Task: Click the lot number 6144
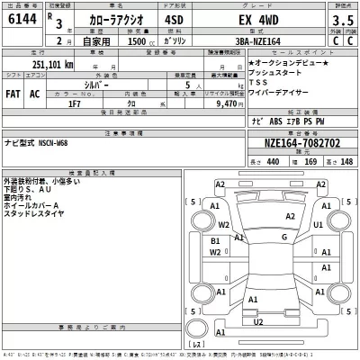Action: pyautogui.click(x=19, y=20)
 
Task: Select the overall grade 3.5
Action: pyautogui.click(x=341, y=19)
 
